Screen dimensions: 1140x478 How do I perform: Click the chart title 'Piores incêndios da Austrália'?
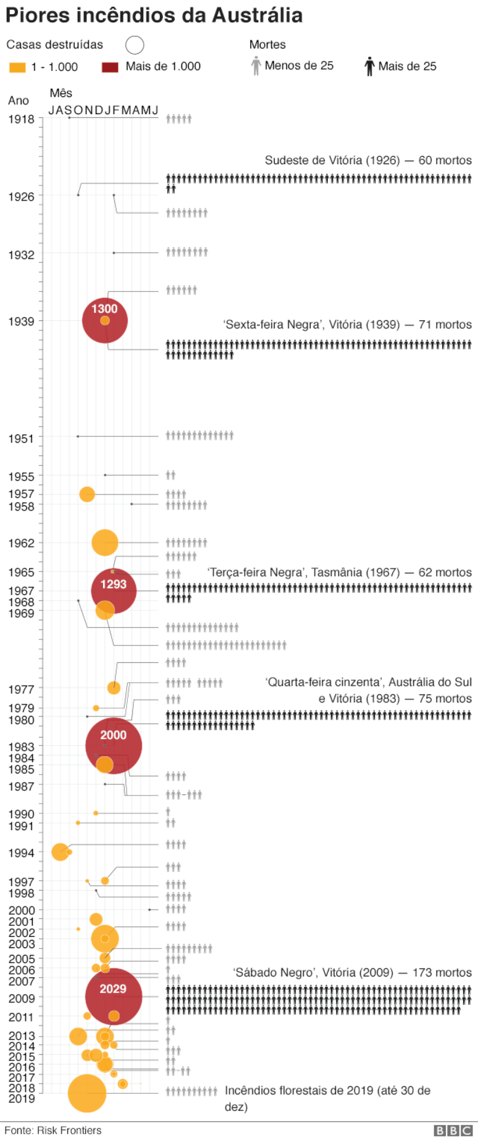click(x=154, y=15)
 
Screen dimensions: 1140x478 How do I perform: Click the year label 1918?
click(x=21, y=119)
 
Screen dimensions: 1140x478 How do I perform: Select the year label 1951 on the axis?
click(x=21, y=439)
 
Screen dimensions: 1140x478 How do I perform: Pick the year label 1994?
click(x=21, y=853)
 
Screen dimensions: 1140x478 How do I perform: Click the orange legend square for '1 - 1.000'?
click(x=17, y=67)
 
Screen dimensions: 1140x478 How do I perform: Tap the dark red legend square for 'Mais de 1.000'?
click(x=110, y=67)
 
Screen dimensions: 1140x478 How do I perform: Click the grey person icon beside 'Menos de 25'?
click(x=256, y=66)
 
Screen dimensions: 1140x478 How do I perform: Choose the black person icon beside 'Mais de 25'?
click(x=369, y=66)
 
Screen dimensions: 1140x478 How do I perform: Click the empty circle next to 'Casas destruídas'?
click(x=135, y=45)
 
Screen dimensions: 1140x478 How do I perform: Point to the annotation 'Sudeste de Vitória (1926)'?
click(x=332, y=160)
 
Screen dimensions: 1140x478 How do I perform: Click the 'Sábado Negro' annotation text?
click(x=313, y=973)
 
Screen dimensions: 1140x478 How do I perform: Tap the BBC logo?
click(x=453, y=1131)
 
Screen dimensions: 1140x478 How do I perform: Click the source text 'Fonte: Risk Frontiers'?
click(x=53, y=1130)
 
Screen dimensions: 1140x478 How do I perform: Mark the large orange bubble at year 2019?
click(x=87, y=1093)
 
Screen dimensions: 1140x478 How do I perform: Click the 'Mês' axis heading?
click(x=61, y=93)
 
